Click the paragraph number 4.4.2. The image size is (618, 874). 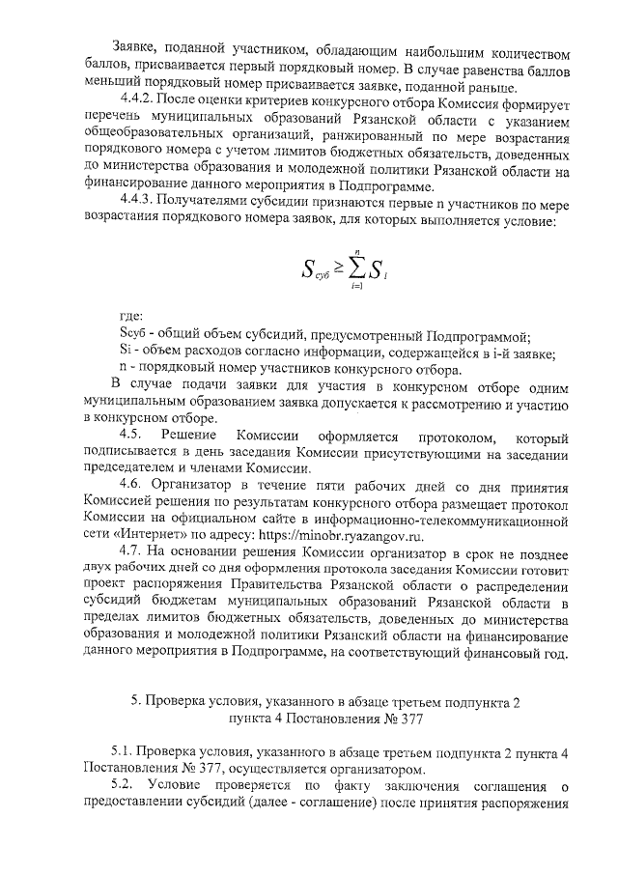point(138,99)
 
